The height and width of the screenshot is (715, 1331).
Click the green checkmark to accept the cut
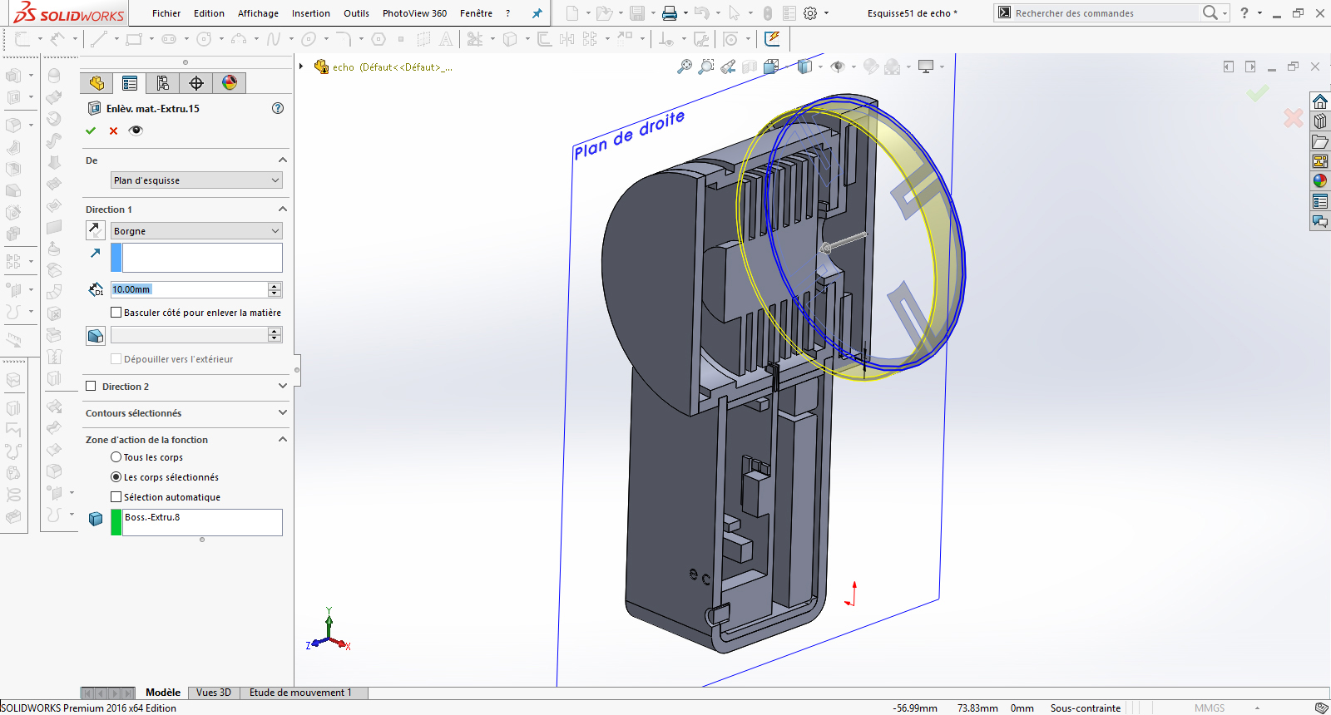[91, 131]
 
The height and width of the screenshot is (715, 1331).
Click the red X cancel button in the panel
[114, 131]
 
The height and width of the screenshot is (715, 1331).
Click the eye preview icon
[136, 131]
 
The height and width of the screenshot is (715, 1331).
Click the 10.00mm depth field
[189, 289]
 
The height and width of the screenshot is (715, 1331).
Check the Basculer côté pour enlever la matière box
[116, 313]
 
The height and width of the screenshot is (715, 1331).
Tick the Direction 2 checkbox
[92, 387]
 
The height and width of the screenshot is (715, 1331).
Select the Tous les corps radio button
[116, 457]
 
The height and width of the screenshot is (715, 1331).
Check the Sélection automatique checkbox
[116, 497]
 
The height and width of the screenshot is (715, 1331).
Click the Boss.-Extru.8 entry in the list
[152, 517]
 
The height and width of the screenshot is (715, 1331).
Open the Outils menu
[356, 13]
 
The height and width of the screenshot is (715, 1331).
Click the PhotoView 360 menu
[414, 13]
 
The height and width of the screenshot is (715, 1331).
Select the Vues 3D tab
[214, 693]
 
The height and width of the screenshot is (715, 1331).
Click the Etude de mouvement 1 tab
[300, 693]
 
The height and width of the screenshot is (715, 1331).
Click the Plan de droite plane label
[629, 135]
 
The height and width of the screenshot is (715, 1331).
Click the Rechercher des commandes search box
[1098, 13]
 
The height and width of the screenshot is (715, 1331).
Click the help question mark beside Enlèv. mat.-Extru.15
[278, 108]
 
